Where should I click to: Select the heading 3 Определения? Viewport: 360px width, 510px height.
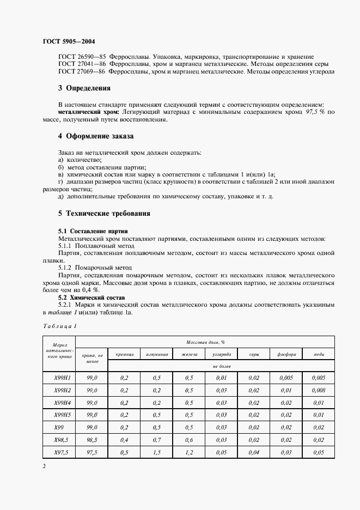click(84, 88)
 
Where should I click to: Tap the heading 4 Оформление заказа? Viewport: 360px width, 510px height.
click(95, 136)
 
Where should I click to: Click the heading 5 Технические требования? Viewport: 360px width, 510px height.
click(104, 213)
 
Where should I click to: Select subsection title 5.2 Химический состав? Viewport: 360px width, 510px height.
click(91, 298)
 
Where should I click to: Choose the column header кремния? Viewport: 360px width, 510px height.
click(124, 354)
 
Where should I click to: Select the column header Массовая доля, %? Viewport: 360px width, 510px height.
click(206, 342)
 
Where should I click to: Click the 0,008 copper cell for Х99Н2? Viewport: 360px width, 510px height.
click(319, 390)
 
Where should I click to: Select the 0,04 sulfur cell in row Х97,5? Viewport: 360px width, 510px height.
click(254, 452)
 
